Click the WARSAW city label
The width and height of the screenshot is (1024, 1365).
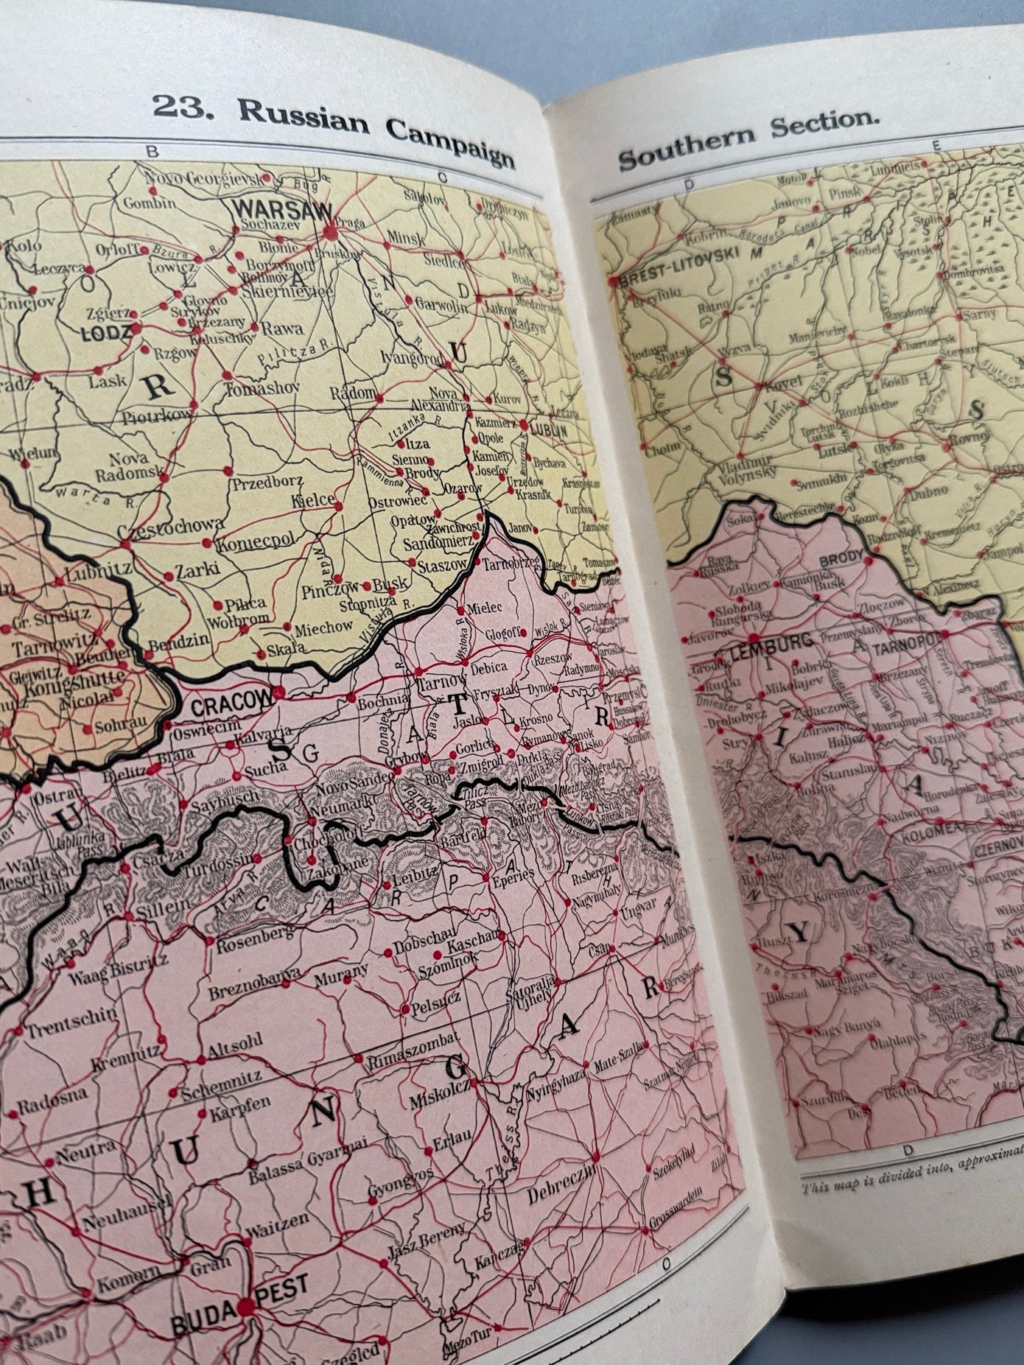click(282, 210)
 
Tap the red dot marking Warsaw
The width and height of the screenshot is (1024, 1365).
click(329, 231)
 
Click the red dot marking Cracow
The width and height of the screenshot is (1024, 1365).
click(281, 692)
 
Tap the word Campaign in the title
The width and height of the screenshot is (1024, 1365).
click(449, 144)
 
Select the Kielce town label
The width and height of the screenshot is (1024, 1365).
click(307, 500)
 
